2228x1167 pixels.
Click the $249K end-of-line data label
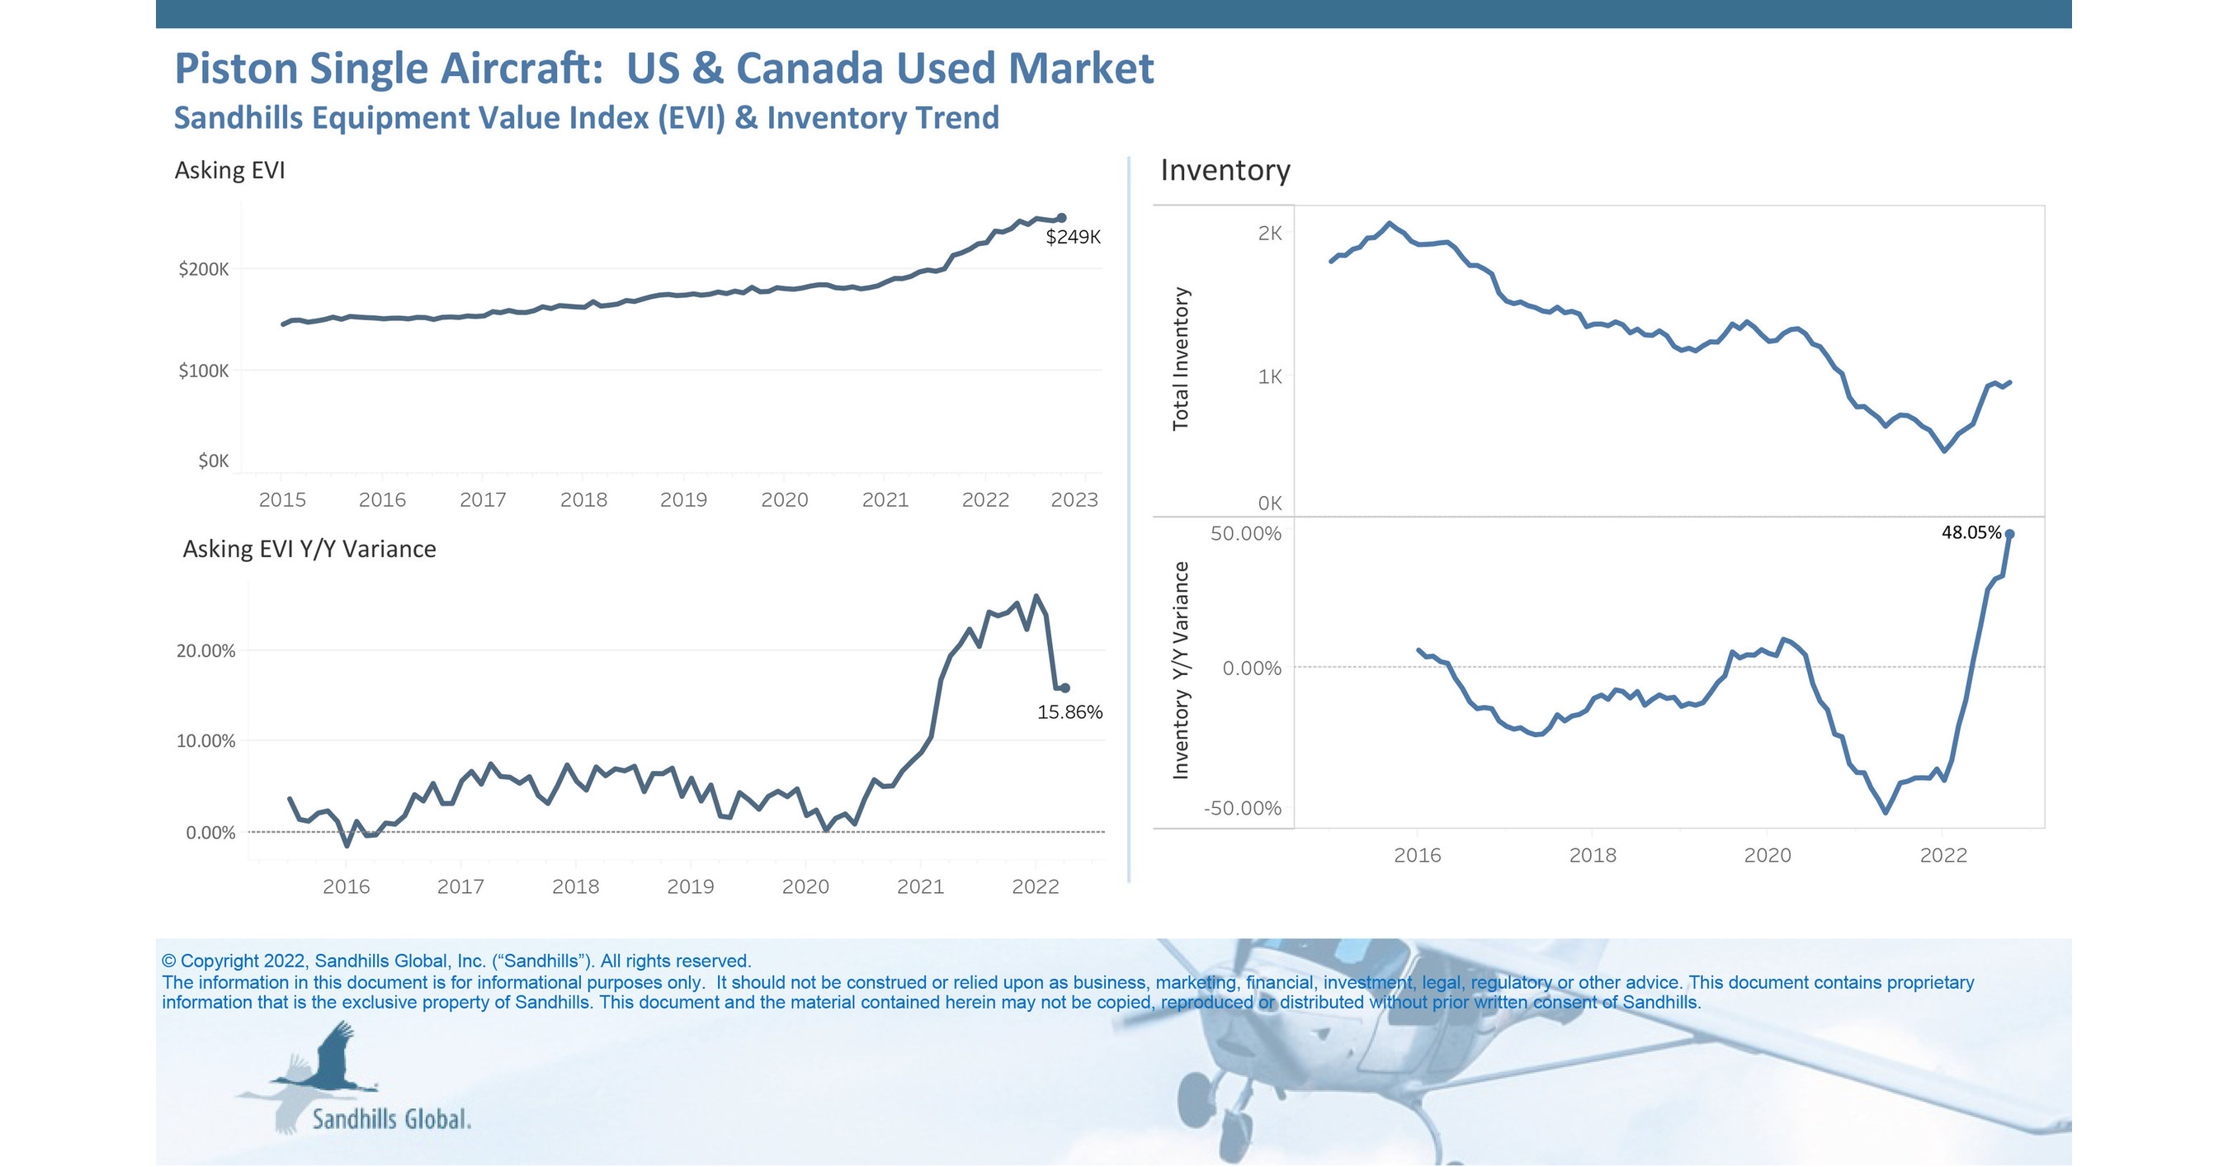(1073, 237)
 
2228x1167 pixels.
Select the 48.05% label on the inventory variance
(1971, 532)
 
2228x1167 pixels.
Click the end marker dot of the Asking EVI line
(1061, 218)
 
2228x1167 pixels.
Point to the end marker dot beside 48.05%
(2009, 535)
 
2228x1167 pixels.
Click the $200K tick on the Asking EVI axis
(203, 269)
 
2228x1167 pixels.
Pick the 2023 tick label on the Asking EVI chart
(1074, 500)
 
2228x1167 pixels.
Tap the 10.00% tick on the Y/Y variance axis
(205, 741)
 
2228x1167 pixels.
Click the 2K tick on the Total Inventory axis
(1269, 233)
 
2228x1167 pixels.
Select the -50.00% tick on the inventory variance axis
(1242, 808)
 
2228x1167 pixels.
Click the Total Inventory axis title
(1181, 359)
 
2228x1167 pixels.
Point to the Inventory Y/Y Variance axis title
(1181, 670)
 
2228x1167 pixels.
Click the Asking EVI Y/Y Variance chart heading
(309, 550)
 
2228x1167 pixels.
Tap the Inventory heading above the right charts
(1225, 170)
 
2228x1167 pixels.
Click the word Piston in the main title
(235, 69)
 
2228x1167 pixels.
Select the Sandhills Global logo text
(391, 1119)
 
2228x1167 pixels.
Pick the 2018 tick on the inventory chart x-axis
(1593, 856)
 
